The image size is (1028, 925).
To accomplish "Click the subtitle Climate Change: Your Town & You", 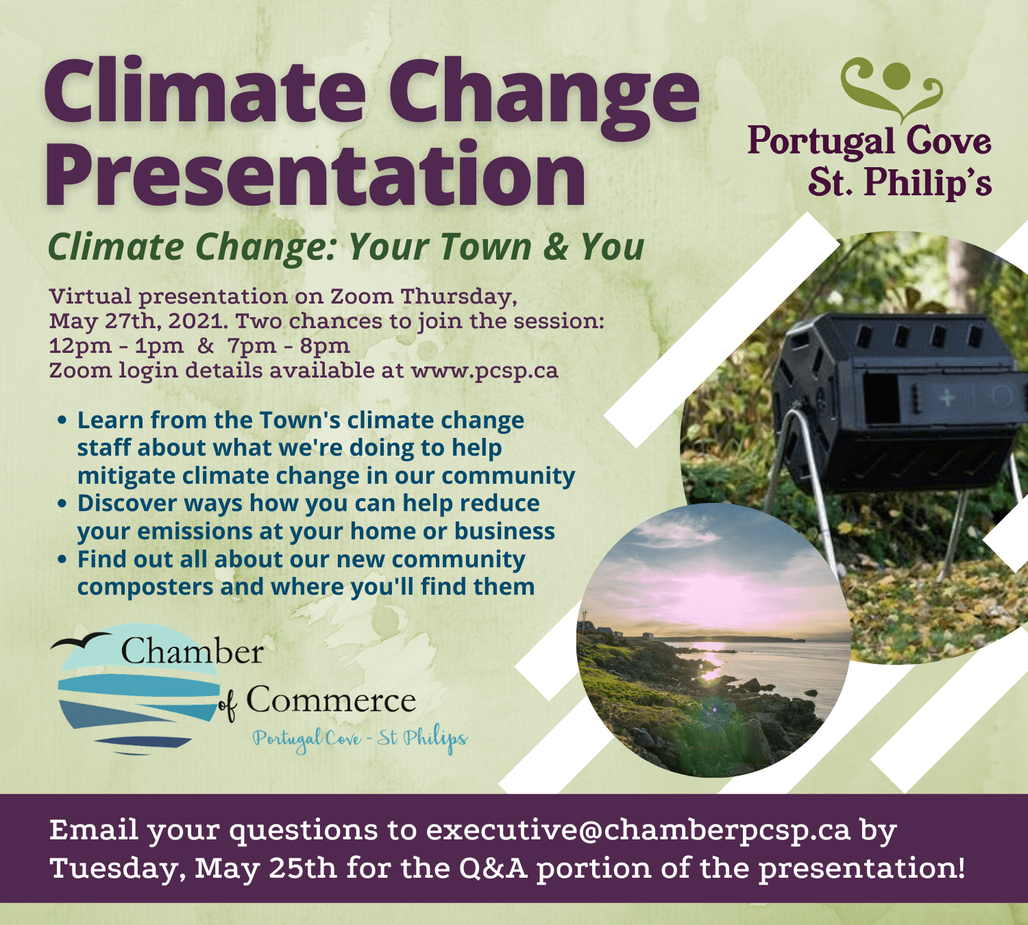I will point(346,247).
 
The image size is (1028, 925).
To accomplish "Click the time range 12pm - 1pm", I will point(117,346).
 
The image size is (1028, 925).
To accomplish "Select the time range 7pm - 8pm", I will point(289,346).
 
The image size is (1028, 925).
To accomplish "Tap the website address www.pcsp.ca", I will point(484,371).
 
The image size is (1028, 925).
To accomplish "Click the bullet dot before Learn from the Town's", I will point(62,420).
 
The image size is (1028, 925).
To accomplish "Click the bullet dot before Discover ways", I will point(62,504).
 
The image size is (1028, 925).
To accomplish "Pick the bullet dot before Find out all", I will point(62,559).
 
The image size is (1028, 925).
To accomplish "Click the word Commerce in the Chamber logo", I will point(330,700).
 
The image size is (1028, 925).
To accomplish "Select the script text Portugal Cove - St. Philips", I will point(360,739).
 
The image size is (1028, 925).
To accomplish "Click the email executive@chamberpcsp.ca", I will point(638,830).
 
